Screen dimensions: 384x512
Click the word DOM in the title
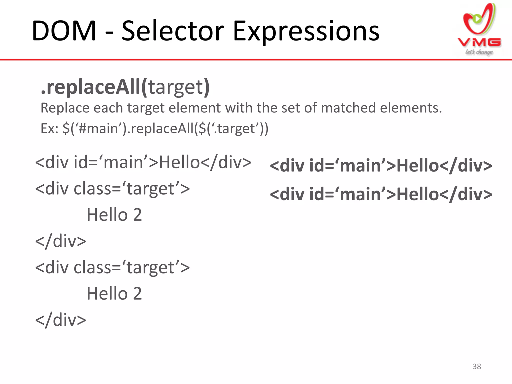click(x=64, y=31)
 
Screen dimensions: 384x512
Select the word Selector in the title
click(x=173, y=31)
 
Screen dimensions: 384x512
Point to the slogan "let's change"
click(x=479, y=52)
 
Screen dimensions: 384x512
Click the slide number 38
click(x=477, y=366)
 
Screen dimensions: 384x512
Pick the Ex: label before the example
click(x=49, y=128)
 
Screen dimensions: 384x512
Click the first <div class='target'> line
click(x=112, y=188)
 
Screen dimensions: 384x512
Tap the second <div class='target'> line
click(x=112, y=267)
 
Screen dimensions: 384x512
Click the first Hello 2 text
click(x=114, y=215)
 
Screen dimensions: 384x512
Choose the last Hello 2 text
click(x=114, y=293)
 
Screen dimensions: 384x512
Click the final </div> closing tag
click(x=61, y=320)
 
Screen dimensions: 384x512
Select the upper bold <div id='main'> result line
click(x=381, y=166)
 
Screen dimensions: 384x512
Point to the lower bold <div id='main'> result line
click(x=381, y=194)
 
